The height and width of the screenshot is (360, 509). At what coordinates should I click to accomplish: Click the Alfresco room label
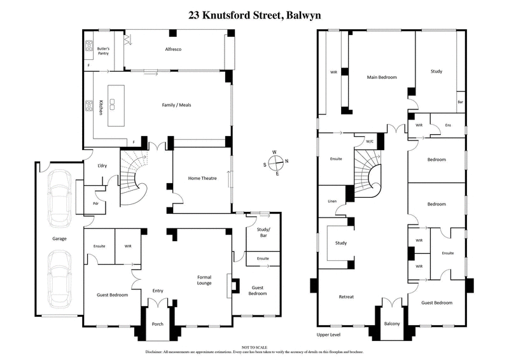pos(174,49)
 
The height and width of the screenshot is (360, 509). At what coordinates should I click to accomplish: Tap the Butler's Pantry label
pos(104,50)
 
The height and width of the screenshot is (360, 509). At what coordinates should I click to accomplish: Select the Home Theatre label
pos(202,178)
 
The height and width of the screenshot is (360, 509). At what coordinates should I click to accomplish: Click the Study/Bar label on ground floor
pos(261,233)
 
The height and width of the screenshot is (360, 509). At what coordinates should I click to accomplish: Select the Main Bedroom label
pos(382,77)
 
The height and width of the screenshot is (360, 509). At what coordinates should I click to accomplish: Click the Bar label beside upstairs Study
pos(460,102)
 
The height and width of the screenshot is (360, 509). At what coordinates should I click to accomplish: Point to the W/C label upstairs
pos(369,141)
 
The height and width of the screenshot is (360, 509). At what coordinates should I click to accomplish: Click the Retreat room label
pos(346,296)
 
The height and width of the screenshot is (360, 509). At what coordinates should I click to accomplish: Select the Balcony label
pos(392,324)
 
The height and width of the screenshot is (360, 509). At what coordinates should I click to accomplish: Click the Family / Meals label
pos(176,104)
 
